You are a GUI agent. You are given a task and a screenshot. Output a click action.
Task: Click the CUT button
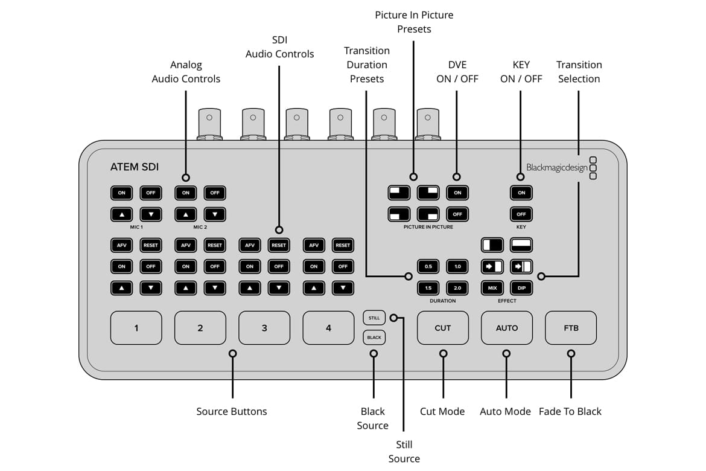click(443, 328)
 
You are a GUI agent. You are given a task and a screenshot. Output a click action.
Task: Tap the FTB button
click(571, 328)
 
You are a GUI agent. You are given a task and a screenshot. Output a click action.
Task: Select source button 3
click(264, 328)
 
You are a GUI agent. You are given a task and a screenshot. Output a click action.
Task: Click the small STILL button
click(374, 318)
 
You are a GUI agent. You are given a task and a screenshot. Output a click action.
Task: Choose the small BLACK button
click(374, 338)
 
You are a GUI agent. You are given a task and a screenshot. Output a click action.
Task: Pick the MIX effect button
click(492, 289)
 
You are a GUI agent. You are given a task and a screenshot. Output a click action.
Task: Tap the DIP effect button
click(521, 289)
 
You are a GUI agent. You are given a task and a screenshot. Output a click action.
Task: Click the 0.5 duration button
click(428, 266)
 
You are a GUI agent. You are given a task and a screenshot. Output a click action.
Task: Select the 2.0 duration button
click(457, 289)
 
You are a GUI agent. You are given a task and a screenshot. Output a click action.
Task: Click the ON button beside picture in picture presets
click(457, 193)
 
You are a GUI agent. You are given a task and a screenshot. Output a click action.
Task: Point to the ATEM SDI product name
click(135, 167)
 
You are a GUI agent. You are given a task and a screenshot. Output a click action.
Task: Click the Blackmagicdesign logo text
click(556, 168)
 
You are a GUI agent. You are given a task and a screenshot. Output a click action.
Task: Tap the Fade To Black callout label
click(570, 411)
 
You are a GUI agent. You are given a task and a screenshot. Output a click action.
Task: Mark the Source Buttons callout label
click(232, 411)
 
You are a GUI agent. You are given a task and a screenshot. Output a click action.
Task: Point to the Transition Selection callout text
click(579, 72)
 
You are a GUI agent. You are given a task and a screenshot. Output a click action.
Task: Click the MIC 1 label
click(136, 227)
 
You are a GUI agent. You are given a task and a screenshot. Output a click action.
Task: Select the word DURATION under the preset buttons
click(443, 301)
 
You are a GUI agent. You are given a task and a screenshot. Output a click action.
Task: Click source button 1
click(136, 328)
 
